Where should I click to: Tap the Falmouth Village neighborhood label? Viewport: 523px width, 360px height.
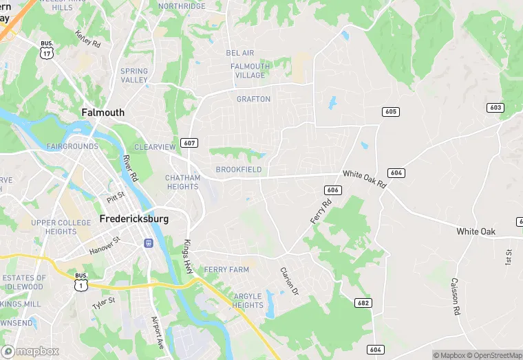pos(250,71)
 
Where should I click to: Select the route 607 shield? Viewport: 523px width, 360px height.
pos(190,143)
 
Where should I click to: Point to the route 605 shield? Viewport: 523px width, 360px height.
pos(391,111)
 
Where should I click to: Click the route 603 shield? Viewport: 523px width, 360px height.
pos(495,108)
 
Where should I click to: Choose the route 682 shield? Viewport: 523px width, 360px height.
pos(364,302)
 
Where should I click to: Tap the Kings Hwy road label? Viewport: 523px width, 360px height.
pos(188,257)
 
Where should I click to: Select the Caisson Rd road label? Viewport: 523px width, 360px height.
pos(455,297)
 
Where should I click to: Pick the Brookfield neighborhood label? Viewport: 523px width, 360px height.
pos(238,170)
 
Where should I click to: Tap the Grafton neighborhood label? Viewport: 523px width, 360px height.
pos(253,99)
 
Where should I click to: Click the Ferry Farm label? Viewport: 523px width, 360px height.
pos(226,270)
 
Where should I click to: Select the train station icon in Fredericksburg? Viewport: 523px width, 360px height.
pos(148,243)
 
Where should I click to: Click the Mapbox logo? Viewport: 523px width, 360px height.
pos(30,351)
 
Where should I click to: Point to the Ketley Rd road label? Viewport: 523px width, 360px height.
pos(88,40)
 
